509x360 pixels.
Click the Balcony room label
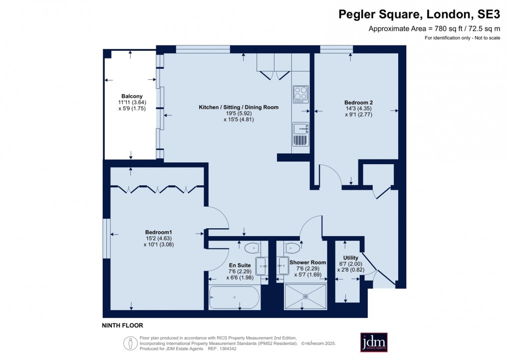[132, 96]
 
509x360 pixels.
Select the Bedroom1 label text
[158, 232]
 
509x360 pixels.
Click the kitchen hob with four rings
[300, 94]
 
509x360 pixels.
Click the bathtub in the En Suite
[234, 297]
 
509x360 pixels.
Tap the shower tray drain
[305, 296]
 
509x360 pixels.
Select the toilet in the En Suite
[252, 248]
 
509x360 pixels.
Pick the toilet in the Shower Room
[291, 248]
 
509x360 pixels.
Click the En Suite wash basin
[261, 266]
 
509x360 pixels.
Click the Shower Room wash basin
[283, 266]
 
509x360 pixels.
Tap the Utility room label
[351, 258]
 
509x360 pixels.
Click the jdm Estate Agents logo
[374, 342]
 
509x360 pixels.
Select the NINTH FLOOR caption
[122, 326]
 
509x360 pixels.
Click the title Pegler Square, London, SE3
[419, 14]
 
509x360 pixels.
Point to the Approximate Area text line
[434, 29]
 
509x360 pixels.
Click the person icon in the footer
[131, 344]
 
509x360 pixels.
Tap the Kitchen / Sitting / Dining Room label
[239, 107]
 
